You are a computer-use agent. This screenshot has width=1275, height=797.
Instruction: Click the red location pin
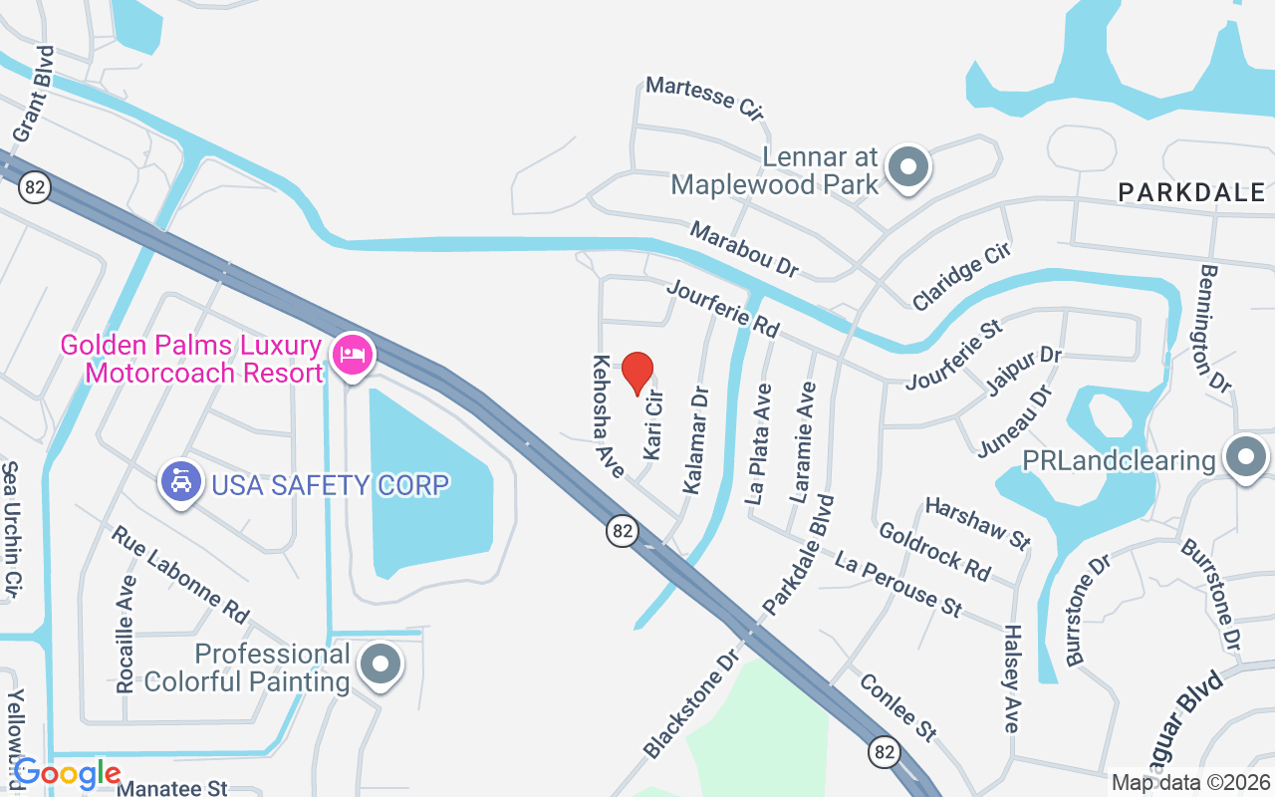(x=637, y=373)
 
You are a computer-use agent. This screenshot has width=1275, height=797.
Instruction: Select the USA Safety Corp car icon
(x=180, y=482)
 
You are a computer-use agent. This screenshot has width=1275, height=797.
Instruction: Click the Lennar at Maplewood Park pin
(x=907, y=167)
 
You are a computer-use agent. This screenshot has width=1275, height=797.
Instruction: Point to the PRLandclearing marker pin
(x=1244, y=457)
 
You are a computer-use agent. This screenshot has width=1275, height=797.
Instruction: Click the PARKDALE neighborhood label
(x=1191, y=192)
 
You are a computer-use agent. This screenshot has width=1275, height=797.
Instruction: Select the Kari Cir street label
(x=653, y=425)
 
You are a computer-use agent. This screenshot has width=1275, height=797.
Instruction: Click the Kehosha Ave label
(x=608, y=415)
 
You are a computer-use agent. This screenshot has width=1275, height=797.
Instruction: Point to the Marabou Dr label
(x=745, y=250)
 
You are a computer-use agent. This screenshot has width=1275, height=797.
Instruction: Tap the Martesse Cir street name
(x=704, y=99)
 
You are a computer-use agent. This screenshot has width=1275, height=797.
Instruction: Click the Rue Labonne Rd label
(x=180, y=575)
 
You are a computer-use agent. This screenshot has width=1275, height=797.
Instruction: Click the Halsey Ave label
(x=1012, y=678)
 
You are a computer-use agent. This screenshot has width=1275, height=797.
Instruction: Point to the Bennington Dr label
(x=1216, y=328)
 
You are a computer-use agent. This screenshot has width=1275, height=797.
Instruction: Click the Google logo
(x=67, y=773)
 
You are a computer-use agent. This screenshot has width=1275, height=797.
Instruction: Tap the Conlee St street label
(x=897, y=706)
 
